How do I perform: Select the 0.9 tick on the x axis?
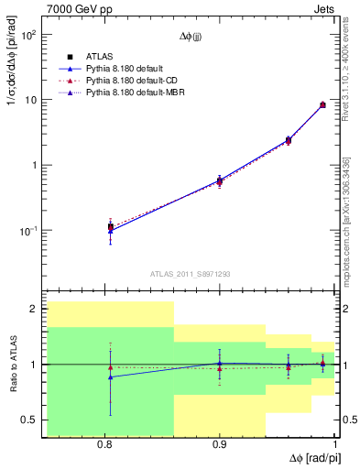coord(219,444)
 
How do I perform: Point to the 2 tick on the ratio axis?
coord(34,310)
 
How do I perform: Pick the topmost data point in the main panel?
coord(322,105)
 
